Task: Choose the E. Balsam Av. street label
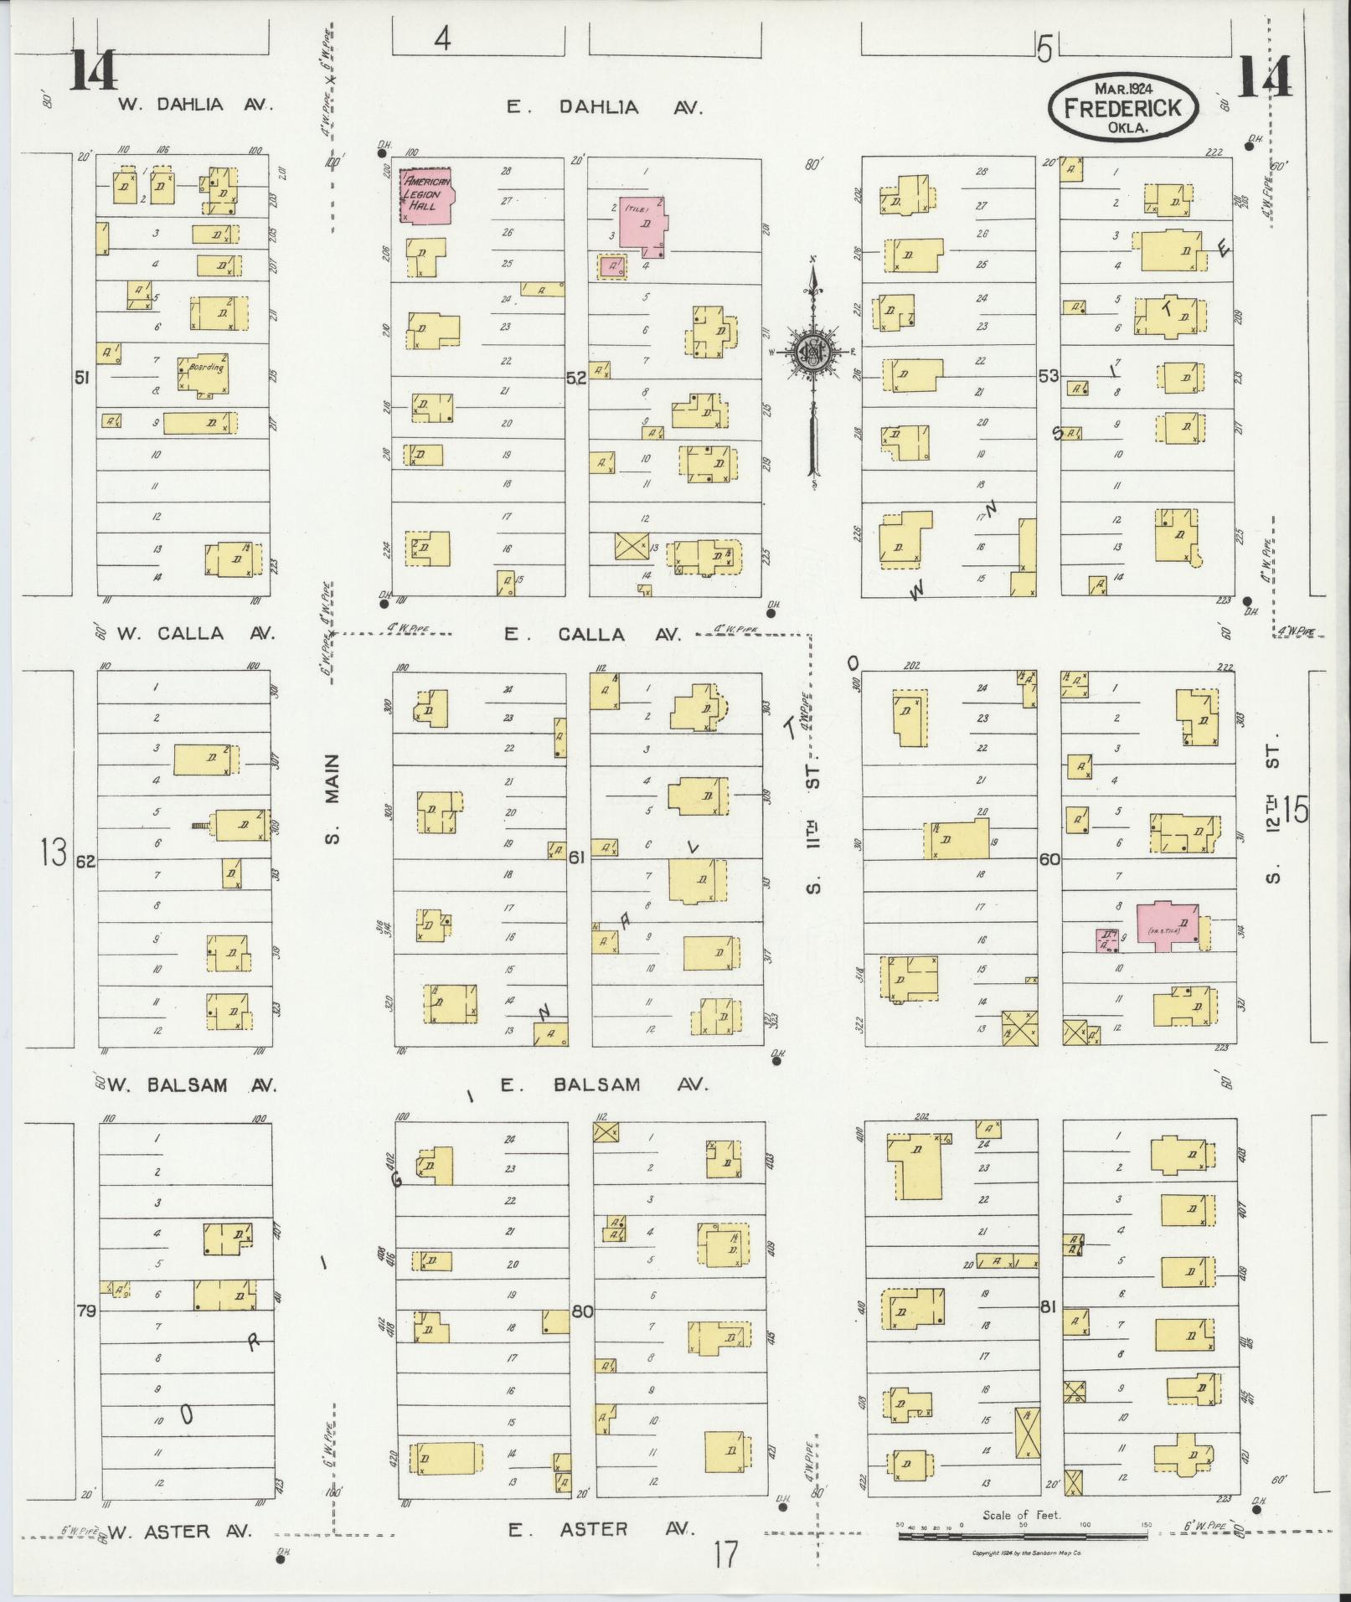tap(604, 1084)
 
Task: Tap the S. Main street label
tap(333, 799)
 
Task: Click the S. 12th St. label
tap(1273, 811)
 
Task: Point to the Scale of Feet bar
tap(1022, 1536)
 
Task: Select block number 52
tap(575, 379)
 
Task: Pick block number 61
tap(576, 858)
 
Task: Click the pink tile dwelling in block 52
tap(643, 225)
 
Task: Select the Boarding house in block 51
tap(202, 373)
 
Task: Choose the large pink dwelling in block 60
tap(1167, 926)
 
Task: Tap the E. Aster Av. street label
tap(601, 1529)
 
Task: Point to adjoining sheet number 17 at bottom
tap(726, 1554)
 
